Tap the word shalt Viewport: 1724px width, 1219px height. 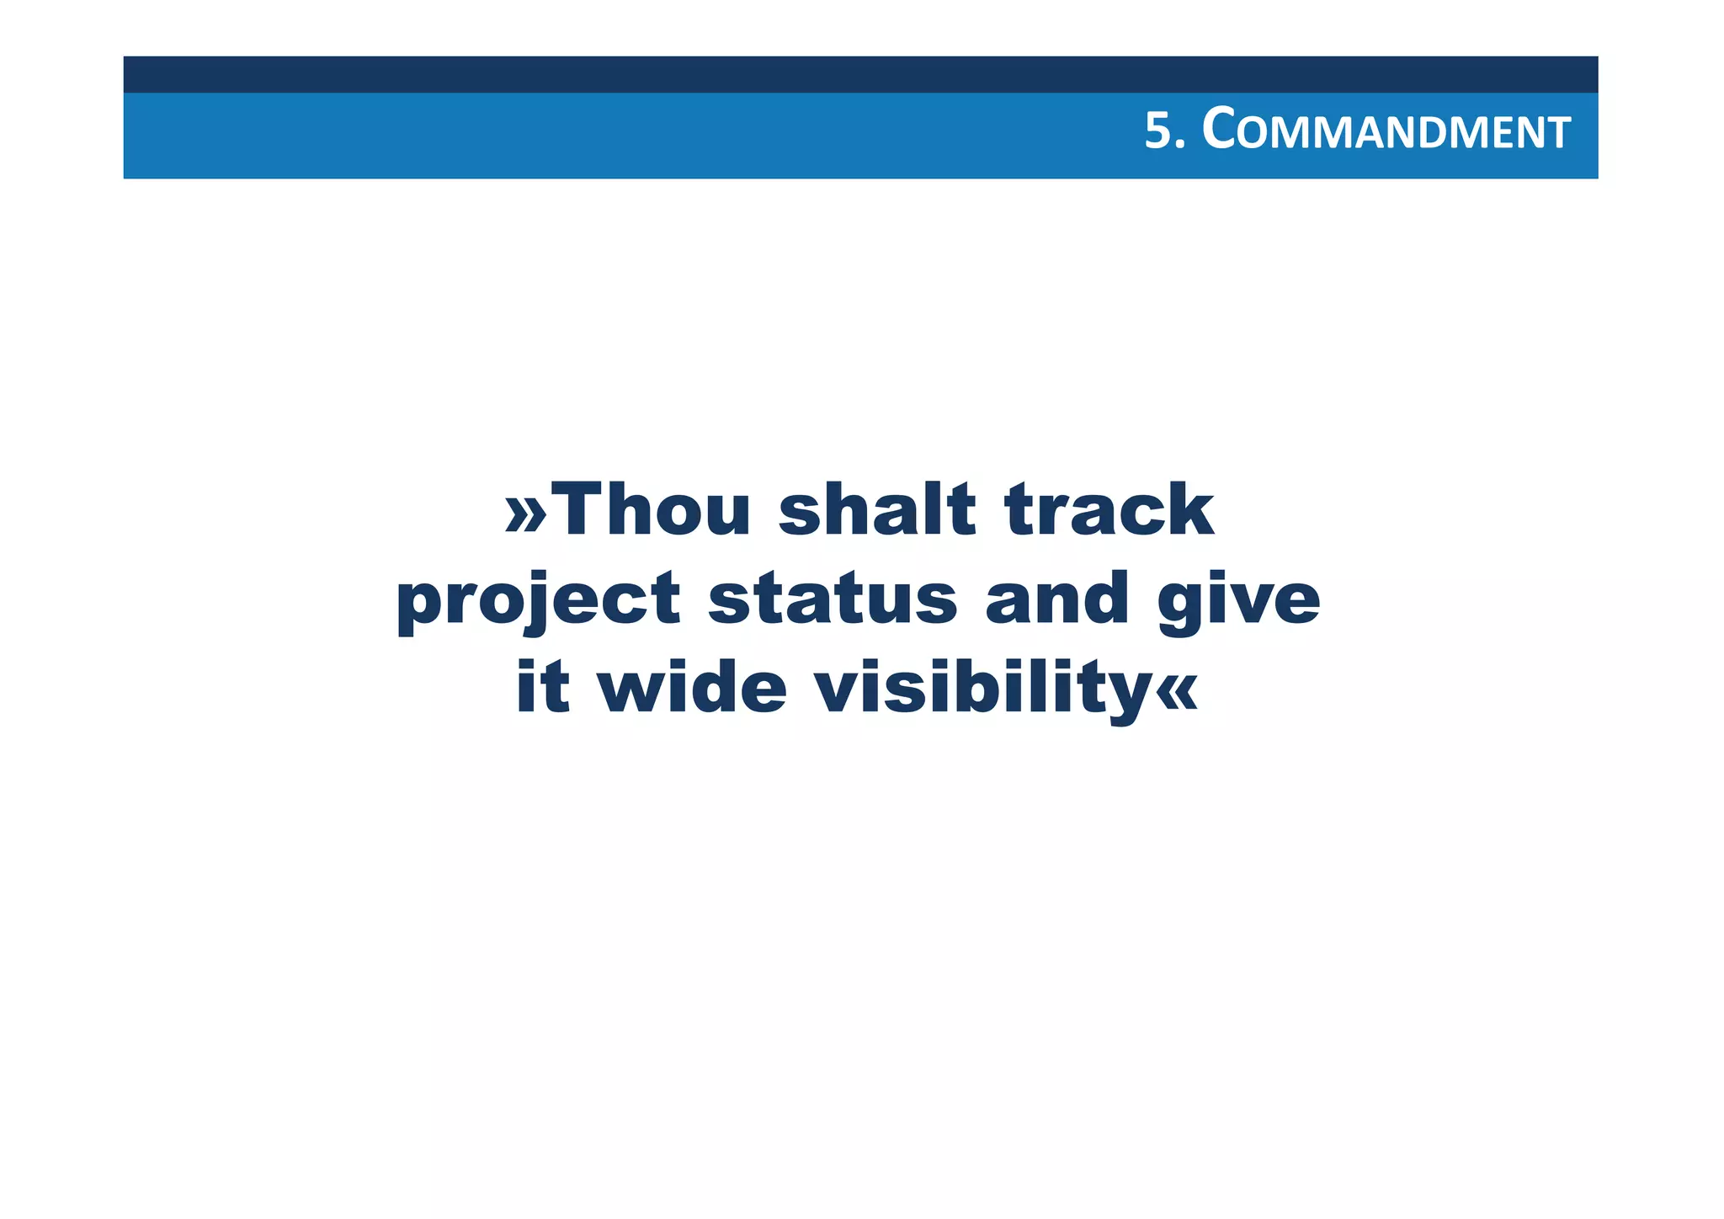click(x=877, y=510)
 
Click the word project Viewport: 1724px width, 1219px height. click(x=538, y=600)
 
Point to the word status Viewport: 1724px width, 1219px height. click(x=832, y=599)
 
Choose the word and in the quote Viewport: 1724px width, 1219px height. click(x=1056, y=599)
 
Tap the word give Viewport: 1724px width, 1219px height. click(x=1238, y=600)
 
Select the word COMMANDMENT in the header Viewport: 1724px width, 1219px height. click(x=1386, y=132)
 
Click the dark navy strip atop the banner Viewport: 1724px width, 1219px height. click(x=860, y=74)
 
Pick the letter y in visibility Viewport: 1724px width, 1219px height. click(x=1125, y=695)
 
